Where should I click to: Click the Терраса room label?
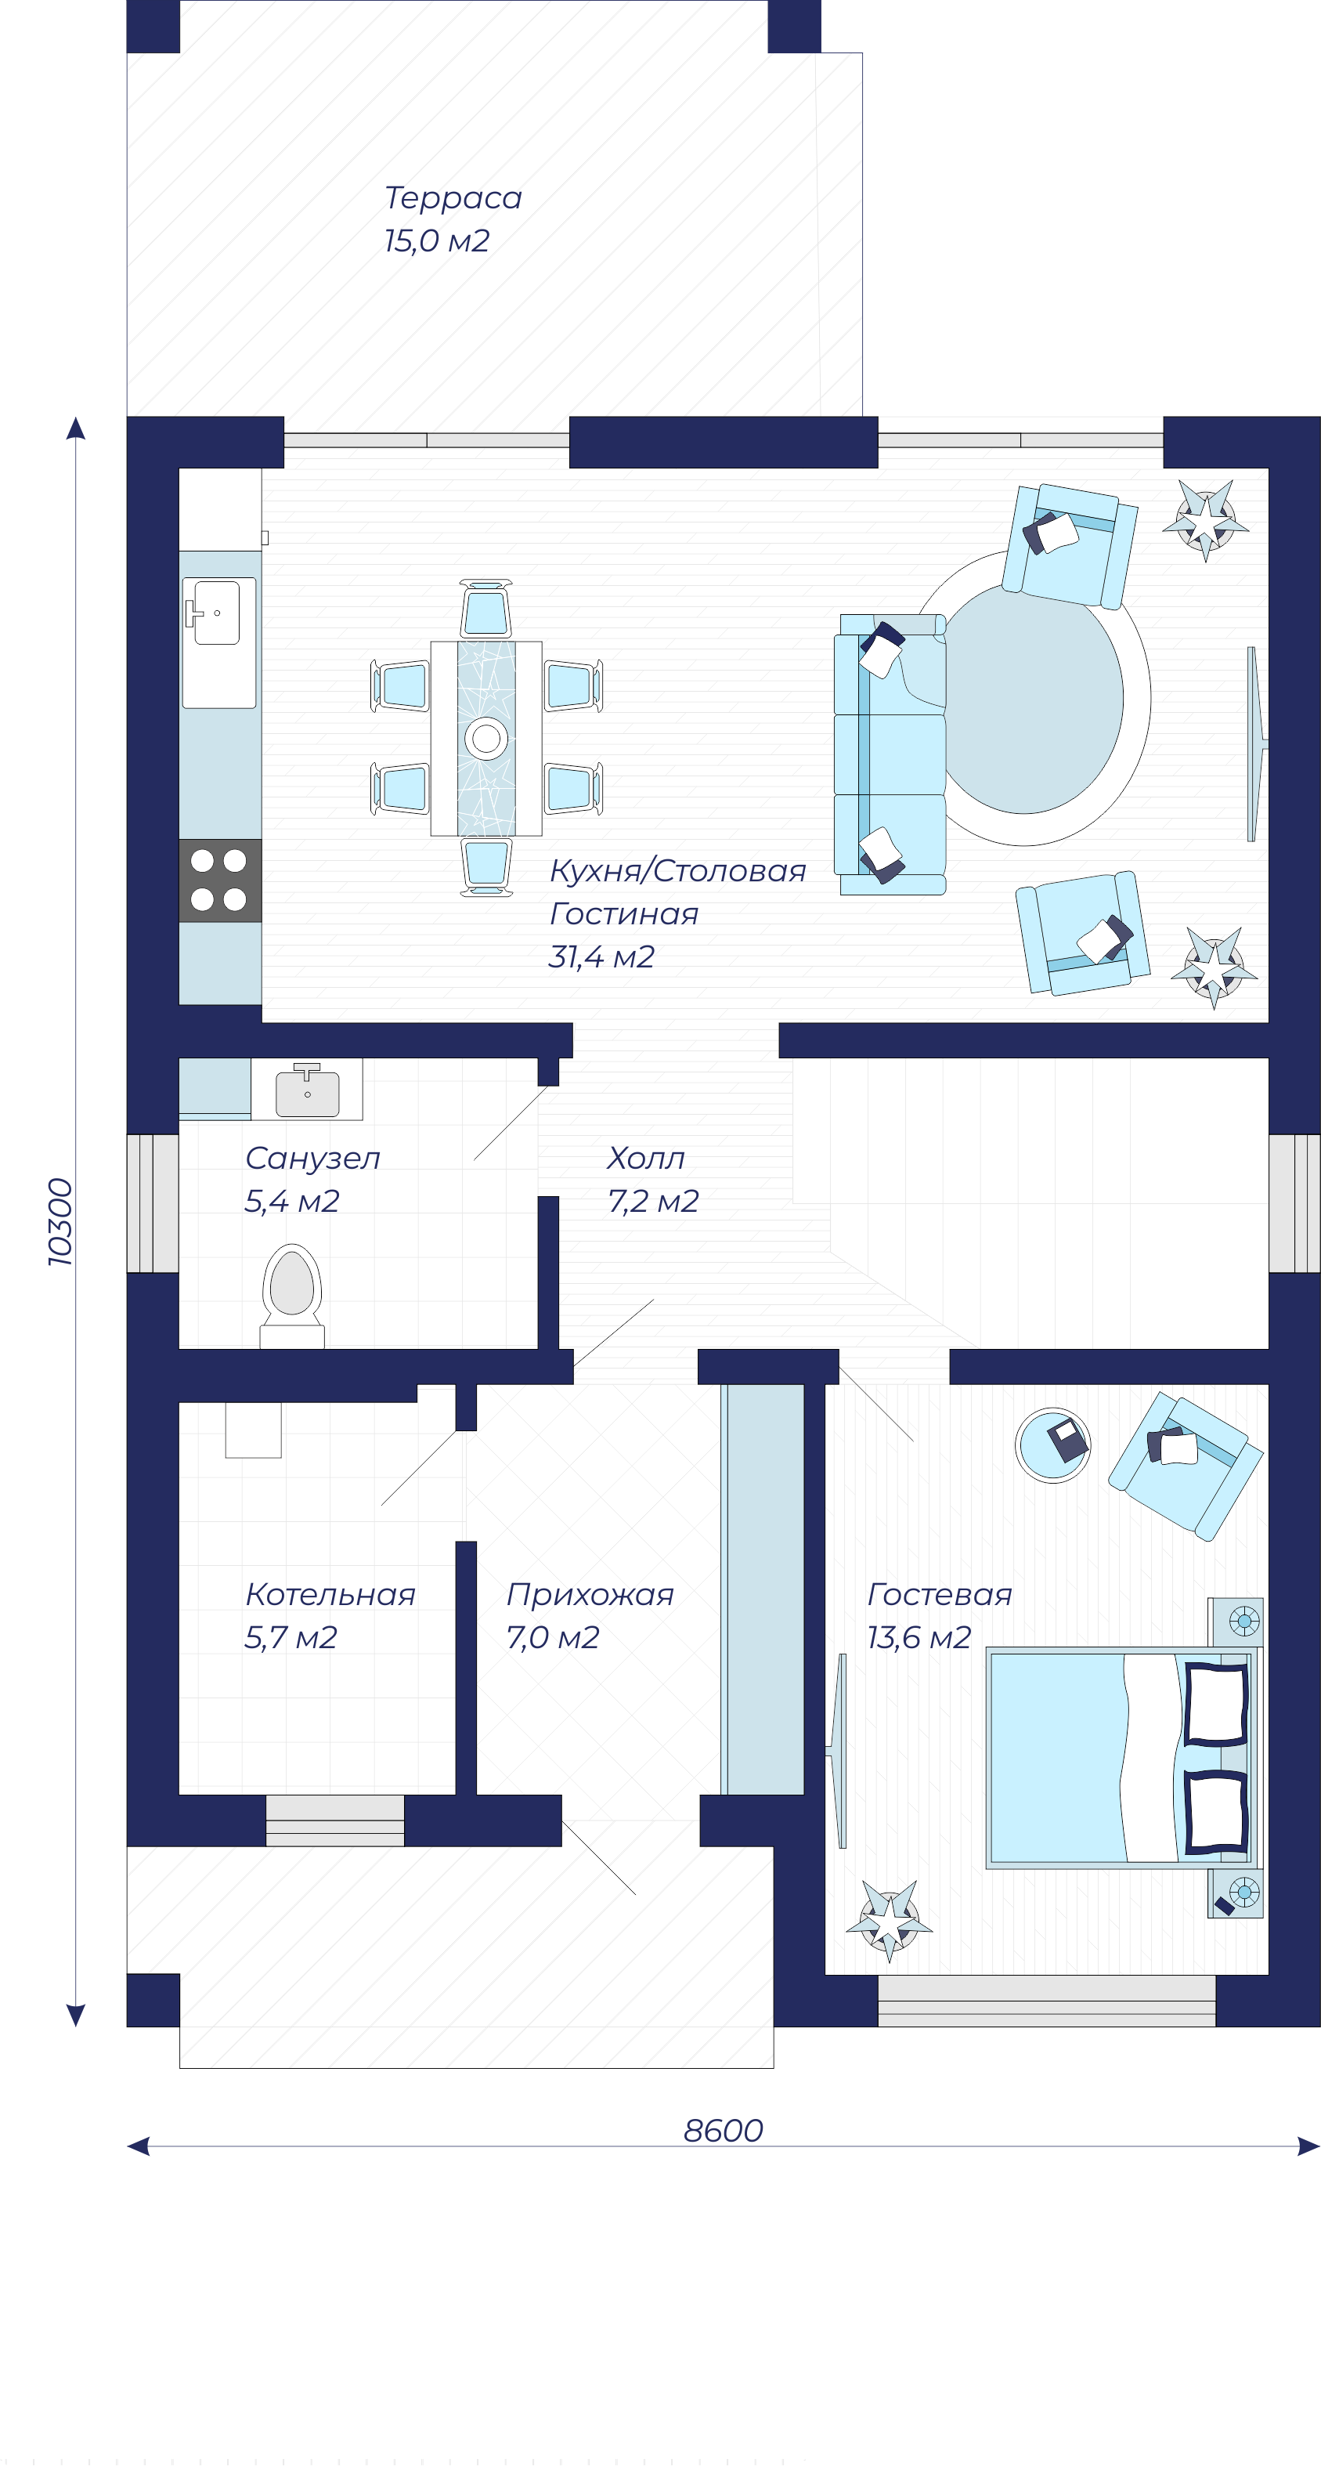(453, 198)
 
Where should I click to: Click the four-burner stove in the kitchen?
(220, 880)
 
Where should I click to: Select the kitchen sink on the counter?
(219, 642)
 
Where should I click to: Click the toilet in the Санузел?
(292, 1296)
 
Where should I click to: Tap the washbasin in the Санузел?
(307, 1090)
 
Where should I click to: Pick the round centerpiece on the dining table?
(486, 738)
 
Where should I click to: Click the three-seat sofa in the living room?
(890, 754)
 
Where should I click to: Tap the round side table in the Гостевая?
(1053, 1445)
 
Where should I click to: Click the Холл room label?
(646, 1159)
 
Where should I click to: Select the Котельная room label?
(330, 1595)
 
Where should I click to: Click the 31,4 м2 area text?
(601, 956)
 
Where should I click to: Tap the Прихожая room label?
(590, 1595)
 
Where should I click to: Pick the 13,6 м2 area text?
(919, 1638)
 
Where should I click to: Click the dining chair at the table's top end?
(485, 609)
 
